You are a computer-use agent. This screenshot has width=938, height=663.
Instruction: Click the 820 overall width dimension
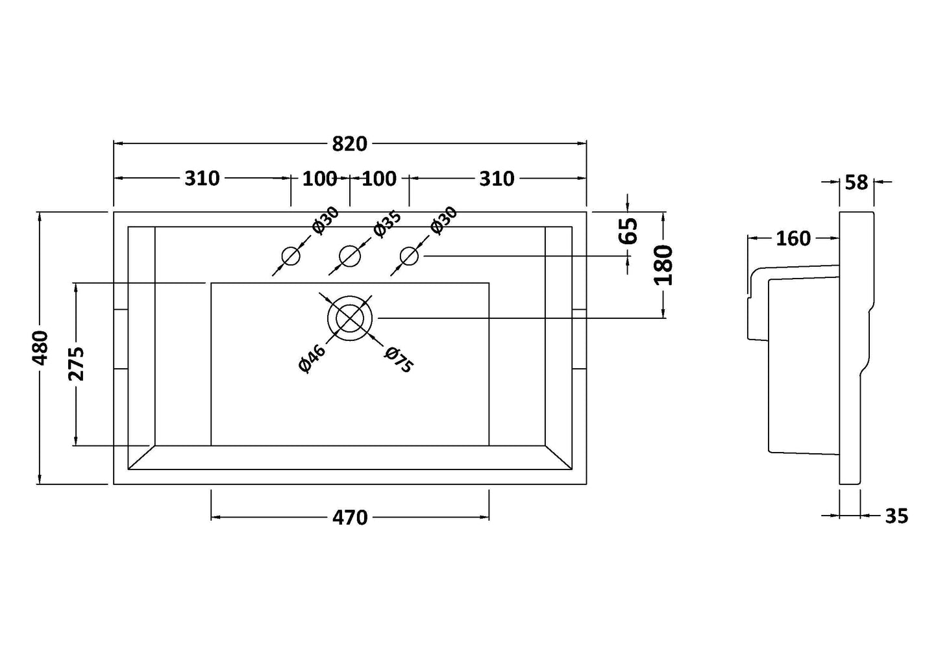(349, 144)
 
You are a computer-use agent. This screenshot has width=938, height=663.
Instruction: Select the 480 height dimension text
(40, 348)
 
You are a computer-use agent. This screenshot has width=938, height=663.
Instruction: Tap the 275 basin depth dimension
(76, 364)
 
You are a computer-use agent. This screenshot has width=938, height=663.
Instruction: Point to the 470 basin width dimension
(350, 517)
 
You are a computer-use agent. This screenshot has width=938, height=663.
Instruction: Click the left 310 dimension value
(203, 178)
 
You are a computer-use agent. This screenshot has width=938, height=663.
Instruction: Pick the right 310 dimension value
(497, 178)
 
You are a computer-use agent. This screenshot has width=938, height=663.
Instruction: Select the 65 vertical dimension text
(628, 231)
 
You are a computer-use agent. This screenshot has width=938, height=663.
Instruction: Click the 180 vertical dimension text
(663, 265)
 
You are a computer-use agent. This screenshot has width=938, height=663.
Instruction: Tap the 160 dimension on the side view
(793, 238)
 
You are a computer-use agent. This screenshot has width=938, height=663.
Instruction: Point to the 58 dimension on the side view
(856, 182)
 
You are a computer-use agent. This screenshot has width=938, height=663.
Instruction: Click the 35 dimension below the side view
(896, 516)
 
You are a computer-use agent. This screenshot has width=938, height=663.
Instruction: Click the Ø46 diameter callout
(312, 358)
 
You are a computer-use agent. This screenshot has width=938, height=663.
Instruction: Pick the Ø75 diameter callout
(398, 360)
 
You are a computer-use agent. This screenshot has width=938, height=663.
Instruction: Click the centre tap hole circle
(350, 256)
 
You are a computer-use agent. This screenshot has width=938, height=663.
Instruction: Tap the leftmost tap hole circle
(290, 256)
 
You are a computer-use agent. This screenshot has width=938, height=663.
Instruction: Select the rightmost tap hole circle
(409, 256)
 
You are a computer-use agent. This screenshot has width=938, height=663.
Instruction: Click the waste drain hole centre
(350, 318)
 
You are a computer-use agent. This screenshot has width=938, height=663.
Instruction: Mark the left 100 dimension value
(319, 178)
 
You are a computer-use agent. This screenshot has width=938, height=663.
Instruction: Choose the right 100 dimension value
(379, 178)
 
